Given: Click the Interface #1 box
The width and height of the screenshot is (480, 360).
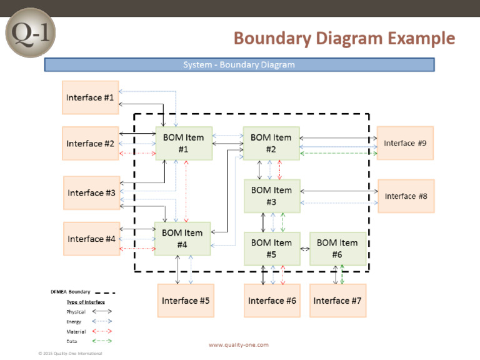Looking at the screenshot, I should tap(91, 97).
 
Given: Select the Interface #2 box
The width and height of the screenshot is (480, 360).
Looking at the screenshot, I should tap(91, 143).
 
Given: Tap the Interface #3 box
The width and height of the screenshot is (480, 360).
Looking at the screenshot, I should tap(92, 192).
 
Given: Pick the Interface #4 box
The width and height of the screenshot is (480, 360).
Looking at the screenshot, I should tap(92, 239).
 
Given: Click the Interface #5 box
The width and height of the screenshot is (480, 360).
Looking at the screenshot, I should tap(186, 301).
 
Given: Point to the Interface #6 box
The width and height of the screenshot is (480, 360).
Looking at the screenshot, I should tap(272, 301).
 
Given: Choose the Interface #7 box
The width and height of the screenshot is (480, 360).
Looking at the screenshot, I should tap(337, 301).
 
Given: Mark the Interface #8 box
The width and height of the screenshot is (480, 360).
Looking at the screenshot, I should tap(406, 196).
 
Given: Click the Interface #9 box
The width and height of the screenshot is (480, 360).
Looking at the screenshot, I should tap(405, 143).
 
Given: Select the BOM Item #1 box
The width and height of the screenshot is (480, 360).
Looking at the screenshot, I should tap(183, 143).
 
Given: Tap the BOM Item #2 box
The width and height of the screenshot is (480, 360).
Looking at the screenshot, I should tap(271, 143).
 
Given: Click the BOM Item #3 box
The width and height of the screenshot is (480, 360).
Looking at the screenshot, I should tap(271, 196).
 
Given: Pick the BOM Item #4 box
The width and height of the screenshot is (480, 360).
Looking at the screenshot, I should tap(182, 238).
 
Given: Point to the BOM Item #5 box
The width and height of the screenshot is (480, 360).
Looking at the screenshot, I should tap(271, 248).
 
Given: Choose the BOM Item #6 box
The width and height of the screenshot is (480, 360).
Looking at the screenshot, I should tap(337, 248).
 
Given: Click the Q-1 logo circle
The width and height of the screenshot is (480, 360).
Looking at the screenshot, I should tap(31, 31).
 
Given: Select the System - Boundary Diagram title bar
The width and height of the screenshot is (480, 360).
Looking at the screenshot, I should tap(239, 64).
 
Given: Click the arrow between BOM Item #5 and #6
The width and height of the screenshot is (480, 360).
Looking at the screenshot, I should tap(305, 249).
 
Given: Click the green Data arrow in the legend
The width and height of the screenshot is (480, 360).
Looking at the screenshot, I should tap(102, 341).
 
